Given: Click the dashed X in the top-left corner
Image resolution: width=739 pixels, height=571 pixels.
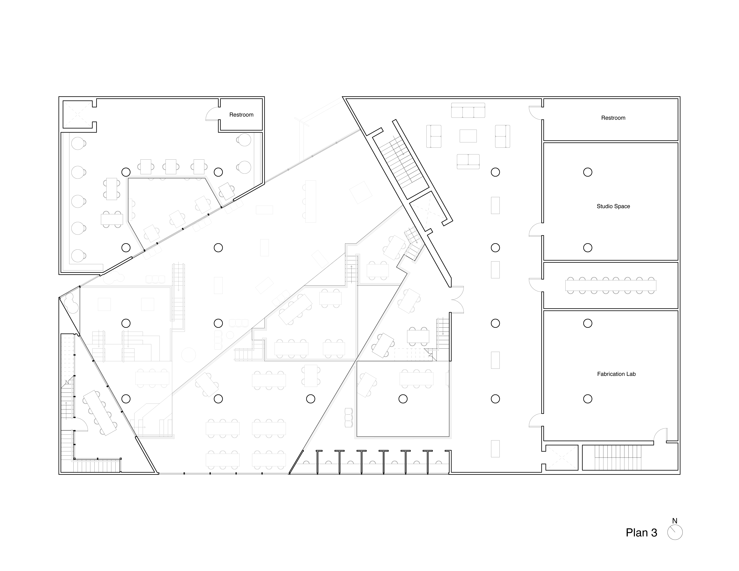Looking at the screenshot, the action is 77,114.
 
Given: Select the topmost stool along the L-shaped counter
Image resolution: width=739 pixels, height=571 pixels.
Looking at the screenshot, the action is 78,143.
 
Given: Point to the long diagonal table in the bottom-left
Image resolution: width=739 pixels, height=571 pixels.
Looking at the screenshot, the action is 100,413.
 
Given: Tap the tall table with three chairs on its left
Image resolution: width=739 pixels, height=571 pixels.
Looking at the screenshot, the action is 310,201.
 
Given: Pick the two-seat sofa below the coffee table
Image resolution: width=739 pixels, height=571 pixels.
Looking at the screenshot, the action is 468,161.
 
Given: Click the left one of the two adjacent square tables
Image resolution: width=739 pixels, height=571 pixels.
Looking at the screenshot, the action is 104,304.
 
